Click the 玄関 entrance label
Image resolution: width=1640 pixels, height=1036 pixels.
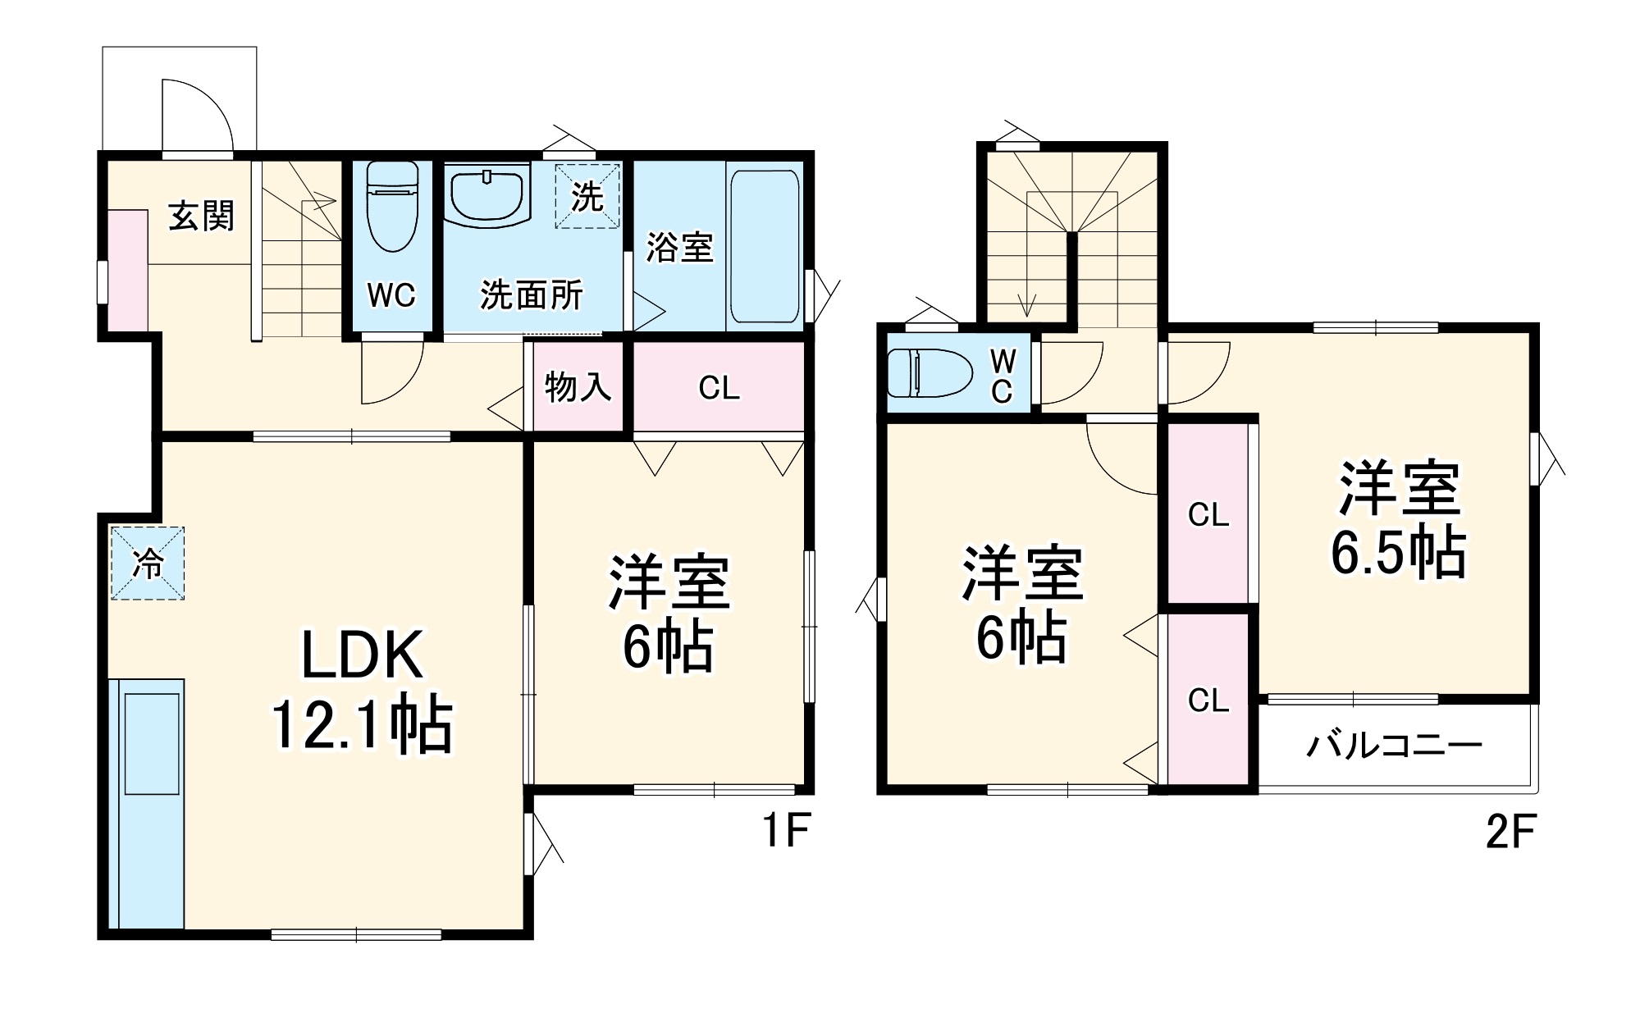tap(201, 217)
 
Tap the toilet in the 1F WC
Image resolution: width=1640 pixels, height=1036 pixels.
tap(392, 205)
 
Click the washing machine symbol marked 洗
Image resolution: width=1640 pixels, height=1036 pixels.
tap(587, 196)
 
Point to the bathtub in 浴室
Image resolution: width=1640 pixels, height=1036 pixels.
tap(764, 246)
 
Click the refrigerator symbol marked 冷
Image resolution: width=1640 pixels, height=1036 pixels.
tap(148, 564)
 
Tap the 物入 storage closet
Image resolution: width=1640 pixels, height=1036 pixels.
tap(578, 386)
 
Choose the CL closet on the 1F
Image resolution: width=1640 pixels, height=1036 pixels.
tap(719, 387)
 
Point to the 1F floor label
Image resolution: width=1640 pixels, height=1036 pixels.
tap(786, 830)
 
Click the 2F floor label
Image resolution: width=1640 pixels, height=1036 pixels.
tap(1510, 832)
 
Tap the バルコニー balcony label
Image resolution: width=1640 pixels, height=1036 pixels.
tap(1394, 745)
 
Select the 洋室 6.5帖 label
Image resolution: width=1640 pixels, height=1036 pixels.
tap(1398, 520)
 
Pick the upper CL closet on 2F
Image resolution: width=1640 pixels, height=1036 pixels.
tap(1208, 514)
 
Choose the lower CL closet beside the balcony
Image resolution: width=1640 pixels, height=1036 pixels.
tap(1208, 700)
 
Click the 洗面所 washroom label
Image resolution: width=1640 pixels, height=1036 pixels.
tap(532, 295)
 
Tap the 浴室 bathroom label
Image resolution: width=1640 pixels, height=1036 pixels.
tap(679, 247)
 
